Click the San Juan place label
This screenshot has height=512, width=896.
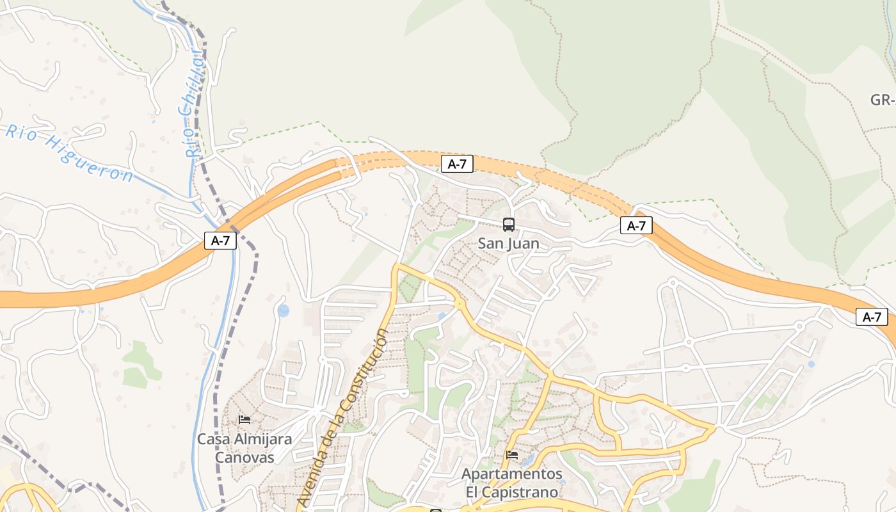[509, 243]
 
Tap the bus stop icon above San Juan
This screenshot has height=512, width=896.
[509, 225]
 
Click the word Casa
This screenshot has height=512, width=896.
[214, 440]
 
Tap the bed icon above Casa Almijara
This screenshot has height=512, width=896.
[244, 420]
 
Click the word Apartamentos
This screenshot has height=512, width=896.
[512, 475]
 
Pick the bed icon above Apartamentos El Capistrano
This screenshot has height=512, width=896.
[512, 455]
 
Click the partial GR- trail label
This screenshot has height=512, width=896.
[882, 100]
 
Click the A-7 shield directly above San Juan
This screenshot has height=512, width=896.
[457, 164]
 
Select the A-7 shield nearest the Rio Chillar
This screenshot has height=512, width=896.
[221, 241]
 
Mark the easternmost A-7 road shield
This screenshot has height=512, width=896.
[872, 317]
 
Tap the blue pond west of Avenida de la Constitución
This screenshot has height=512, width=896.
[283, 311]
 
